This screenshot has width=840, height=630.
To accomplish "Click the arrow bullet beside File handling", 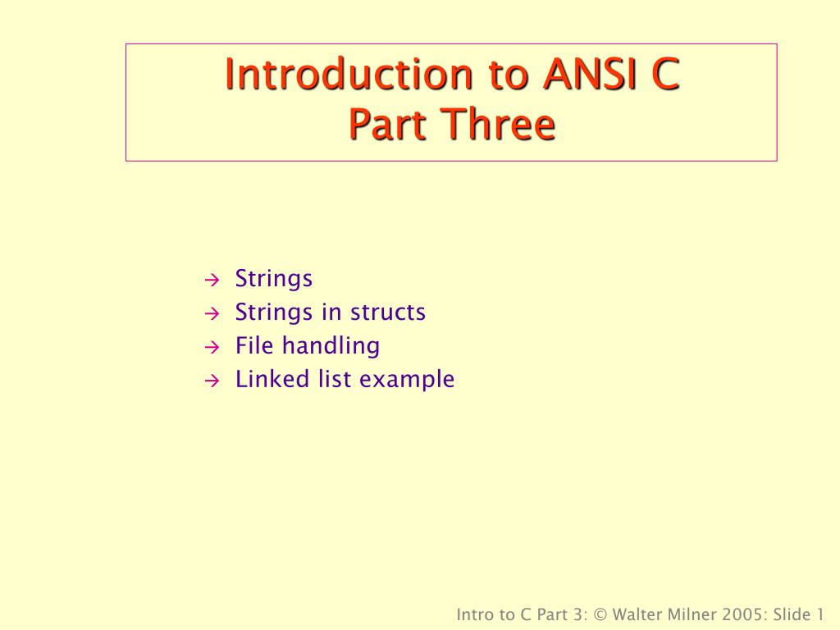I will coord(210,347).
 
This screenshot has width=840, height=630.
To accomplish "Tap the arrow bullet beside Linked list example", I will coord(210,381).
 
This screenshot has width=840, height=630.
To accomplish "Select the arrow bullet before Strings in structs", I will coord(210,313).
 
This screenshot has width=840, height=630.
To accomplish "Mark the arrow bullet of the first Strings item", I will coord(210,280).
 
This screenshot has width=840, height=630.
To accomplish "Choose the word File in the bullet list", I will coord(255,346).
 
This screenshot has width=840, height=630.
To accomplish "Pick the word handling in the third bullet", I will coord(331,346).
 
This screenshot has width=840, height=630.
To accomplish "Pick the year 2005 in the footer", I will coord(750,614).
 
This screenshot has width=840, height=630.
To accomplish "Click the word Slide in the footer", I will coord(793,614).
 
